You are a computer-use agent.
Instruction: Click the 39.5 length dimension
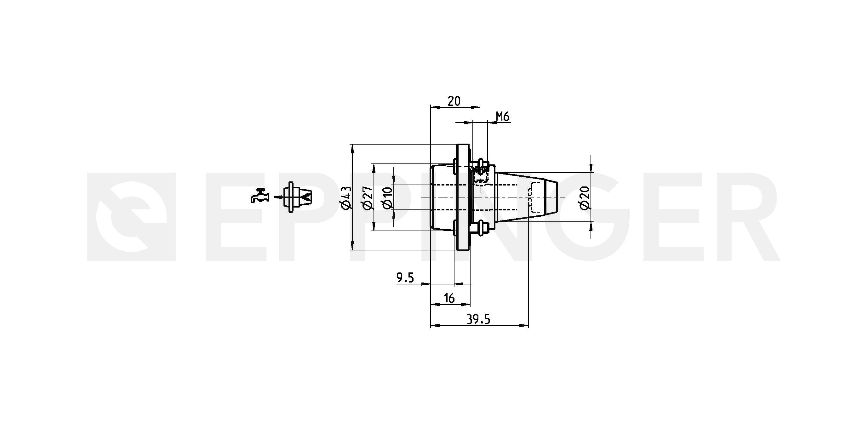pyautogui.click(x=478, y=319)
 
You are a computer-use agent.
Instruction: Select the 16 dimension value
pyautogui.click(x=449, y=298)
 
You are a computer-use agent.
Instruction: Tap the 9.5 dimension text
pyautogui.click(x=405, y=278)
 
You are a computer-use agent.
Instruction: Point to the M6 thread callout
pyautogui.click(x=503, y=117)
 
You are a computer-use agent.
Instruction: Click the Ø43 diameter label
pyautogui.click(x=346, y=197)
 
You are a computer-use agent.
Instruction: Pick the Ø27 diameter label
pyautogui.click(x=367, y=197)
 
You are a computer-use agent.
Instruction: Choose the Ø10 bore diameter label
pyautogui.click(x=387, y=197)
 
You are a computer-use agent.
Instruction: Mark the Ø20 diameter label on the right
pyautogui.click(x=585, y=197)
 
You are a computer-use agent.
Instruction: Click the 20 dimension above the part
pyautogui.click(x=454, y=101)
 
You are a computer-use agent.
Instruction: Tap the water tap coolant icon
pyautogui.click(x=260, y=196)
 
